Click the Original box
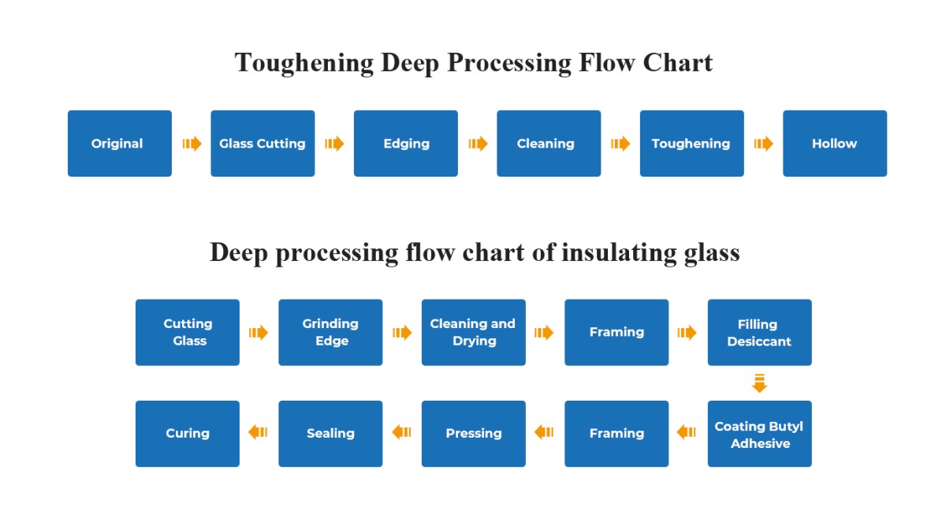[120, 144]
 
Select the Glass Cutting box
[263, 144]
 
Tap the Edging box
[406, 144]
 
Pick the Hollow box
[835, 144]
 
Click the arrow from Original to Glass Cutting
[192, 144]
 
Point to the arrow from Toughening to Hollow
[764, 144]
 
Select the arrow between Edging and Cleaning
[478, 144]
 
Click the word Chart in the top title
[678, 63]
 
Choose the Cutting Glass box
[188, 333]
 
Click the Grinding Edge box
[330, 333]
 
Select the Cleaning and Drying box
[474, 333]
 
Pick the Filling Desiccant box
[760, 333]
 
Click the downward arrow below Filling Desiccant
[759, 383]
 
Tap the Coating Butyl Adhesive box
[760, 434]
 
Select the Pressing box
[474, 434]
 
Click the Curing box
[188, 434]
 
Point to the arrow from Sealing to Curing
[258, 432]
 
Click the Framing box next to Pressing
[616, 434]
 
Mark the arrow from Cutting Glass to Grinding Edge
[259, 333]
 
